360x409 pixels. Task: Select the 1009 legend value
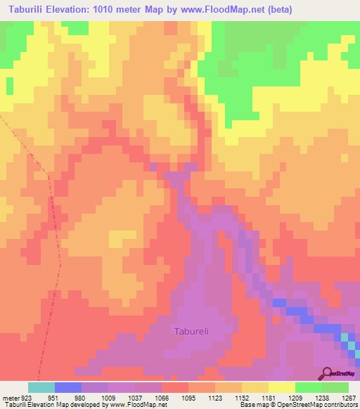(x=95, y=397)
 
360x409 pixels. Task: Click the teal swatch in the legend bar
(x=41, y=387)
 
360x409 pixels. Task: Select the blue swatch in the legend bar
(x=68, y=387)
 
